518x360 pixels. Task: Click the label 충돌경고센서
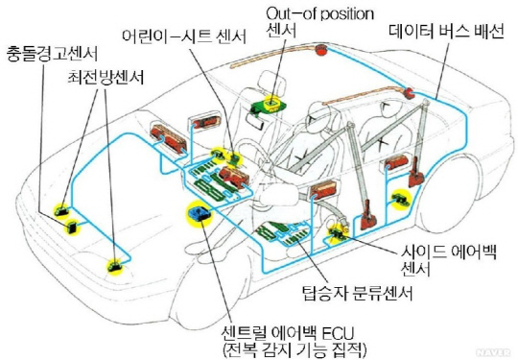click(52, 54)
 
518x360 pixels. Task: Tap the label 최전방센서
click(106, 78)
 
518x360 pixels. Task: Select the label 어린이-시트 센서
click(184, 36)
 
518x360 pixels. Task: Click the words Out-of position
click(319, 13)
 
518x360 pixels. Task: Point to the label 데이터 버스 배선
click(446, 32)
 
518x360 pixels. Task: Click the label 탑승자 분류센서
click(358, 293)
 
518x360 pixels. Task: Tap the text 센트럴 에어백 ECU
click(288, 332)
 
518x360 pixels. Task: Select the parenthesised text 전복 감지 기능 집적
click(295, 350)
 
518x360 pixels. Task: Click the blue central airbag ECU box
click(199, 213)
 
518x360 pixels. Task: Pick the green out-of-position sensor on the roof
click(269, 104)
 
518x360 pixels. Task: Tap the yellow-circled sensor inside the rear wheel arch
click(401, 199)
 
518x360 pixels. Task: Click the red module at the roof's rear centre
click(319, 50)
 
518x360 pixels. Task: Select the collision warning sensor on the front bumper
click(72, 227)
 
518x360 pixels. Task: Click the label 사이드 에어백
click(449, 252)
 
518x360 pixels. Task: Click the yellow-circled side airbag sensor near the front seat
click(337, 231)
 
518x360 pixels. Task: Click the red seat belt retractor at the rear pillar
click(415, 175)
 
